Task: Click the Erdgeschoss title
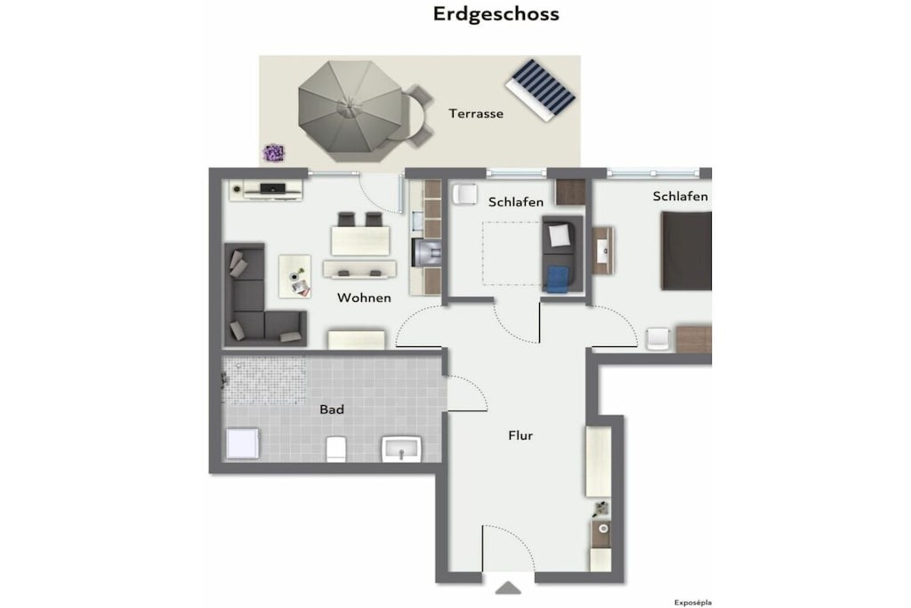pyautogui.click(x=496, y=14)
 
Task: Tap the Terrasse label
pyautogui.click(x=476, y=113)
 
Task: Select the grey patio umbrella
pyautogui.click(x=350, y=111)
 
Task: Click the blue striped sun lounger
pyautogui.click(x=540, y=90)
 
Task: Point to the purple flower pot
pyautogui.click(x=273, y=153)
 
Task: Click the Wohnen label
pyautogui.click(x=364, y=297)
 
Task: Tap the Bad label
pyautogui.click(x=332, y=409)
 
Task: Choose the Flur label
pyautogui.click(x=520, y=435)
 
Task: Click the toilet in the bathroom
pyautogui.click(x=336, y=449)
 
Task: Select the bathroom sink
pyautogui.click(x=401, y=449)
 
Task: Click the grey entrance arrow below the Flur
pyautogui.click(x=508, y=588)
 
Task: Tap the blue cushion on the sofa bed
pyautogui.click(x=559, y=279)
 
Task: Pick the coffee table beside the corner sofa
pyautogui.click(x=294, y=276)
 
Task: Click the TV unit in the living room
pyautogui.click(x=265, y=190)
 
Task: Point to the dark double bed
pyautogui.click(x=686, y=250)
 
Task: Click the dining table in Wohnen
pyautogui.click(x=360, y=240)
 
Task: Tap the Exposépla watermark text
pyautogui.click(x=692, y=603)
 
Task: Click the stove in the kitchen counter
pyautogui.click(x=426, y=252)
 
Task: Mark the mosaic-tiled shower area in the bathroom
pyautogui.click(x=265, y=380)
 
